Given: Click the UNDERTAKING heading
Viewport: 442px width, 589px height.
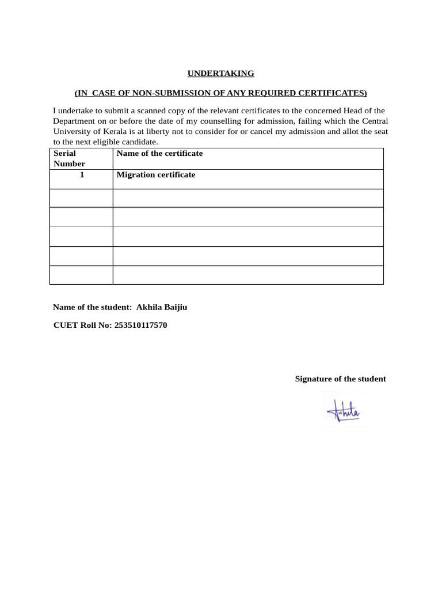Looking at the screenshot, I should tap(220, 74).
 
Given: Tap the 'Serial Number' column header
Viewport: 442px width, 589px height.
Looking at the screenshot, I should tap(69, 159).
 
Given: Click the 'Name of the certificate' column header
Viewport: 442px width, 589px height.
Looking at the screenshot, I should tap(159, 154).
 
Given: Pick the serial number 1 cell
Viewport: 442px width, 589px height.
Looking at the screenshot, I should tap(82, 175).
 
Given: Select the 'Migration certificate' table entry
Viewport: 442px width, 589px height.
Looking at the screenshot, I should tap(155, 175).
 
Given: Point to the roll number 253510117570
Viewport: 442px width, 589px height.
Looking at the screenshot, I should tap(141, 326).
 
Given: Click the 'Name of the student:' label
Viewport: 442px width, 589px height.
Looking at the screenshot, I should tap(93, 307).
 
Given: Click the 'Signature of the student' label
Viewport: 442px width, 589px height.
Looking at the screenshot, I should tap(340, 379).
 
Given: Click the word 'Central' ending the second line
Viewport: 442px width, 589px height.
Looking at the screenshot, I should tap(375, 121).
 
